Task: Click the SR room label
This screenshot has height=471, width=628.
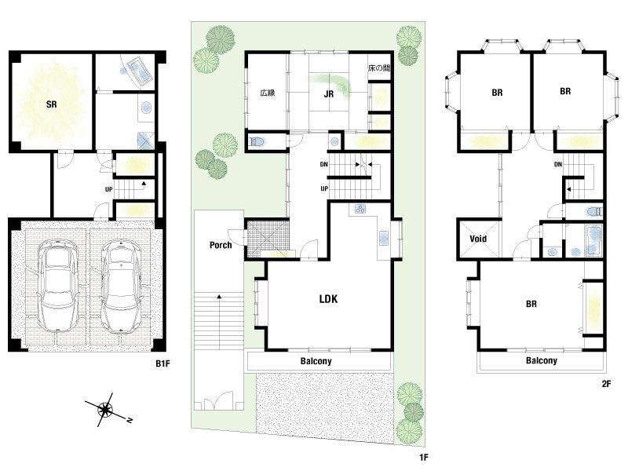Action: point(52,104)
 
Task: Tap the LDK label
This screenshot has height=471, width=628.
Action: point(328,299)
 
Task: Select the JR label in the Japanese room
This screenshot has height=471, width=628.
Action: point(329,94)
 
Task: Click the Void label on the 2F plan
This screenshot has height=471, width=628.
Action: point(478,239)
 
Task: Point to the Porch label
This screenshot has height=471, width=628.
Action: point(221,245)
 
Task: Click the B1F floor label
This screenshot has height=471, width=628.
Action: point(162,363)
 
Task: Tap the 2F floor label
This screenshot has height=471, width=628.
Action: point(606,384)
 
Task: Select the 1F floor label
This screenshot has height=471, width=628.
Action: point(423,457)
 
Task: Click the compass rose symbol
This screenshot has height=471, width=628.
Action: point(106,410)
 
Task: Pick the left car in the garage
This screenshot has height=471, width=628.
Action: point(58,286)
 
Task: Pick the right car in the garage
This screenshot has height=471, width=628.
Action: point(121,287)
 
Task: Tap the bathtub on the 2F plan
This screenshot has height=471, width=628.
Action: point(593,240)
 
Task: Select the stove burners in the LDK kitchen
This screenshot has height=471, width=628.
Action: point(360,209)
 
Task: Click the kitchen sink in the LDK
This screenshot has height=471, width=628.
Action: point(384,238)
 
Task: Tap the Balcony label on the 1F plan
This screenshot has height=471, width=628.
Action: point(316,361)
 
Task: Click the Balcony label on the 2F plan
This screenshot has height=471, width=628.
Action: point(542,360)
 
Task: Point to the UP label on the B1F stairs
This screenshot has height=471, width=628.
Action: point(109,189)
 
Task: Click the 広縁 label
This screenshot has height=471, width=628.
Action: point(268,93)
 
